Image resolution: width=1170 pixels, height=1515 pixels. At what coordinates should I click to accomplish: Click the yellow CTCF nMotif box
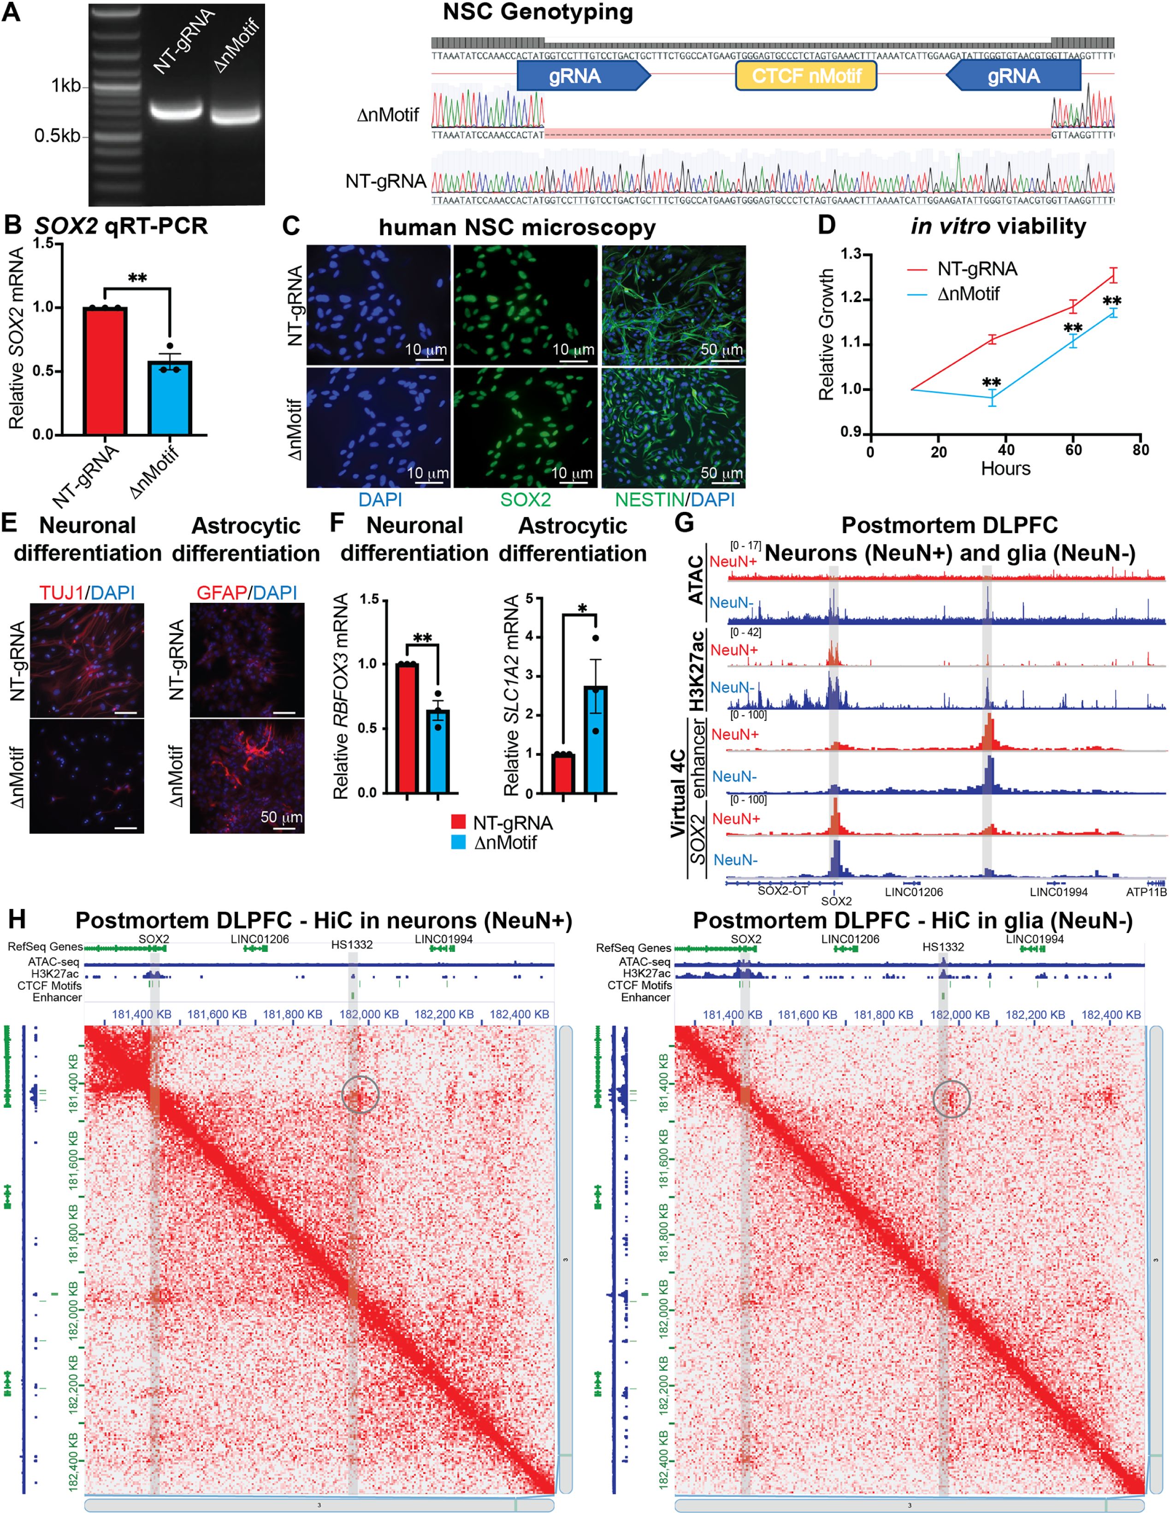(806, 76)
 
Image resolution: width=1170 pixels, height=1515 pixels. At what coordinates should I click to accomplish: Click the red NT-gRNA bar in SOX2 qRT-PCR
(105, 371)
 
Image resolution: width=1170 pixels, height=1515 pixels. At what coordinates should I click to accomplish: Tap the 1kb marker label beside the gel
(66, 86)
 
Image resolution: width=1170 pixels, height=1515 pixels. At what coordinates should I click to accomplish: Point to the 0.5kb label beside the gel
(58, 135)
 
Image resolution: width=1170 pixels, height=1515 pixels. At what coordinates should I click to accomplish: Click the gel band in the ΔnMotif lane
(236, 116)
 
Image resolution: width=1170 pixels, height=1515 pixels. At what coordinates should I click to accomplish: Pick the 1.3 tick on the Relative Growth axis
(851, 255)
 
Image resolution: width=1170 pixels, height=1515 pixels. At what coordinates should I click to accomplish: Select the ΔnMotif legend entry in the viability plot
(968, 294)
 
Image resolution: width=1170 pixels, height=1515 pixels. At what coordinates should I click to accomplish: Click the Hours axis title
(1005, 469)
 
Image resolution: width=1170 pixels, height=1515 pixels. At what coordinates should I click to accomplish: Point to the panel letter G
(684, 523)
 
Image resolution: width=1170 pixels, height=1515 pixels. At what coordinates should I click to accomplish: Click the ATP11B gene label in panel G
(1146, 892)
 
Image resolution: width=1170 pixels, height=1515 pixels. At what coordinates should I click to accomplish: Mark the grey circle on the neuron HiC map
(360, 1095)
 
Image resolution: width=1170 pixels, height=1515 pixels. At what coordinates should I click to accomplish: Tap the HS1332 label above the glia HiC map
(943, 947)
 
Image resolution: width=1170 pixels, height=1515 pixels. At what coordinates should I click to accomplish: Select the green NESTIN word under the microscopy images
(649, 499)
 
